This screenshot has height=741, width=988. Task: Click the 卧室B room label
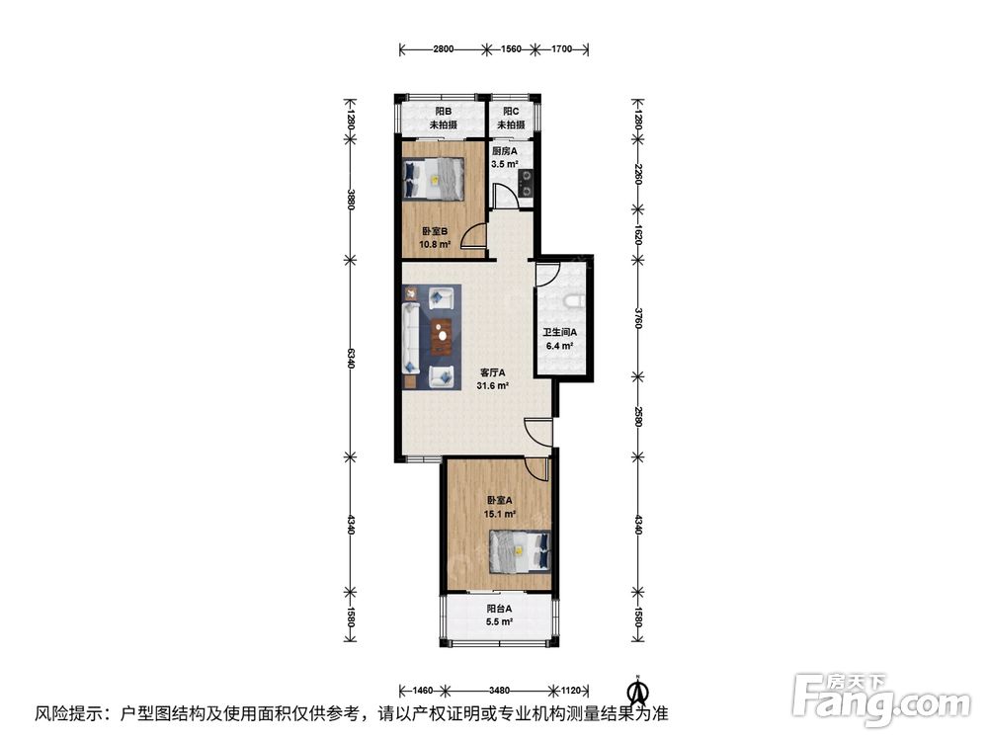(x=435, y=231)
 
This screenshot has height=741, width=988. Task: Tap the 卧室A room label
(x=499, y=500)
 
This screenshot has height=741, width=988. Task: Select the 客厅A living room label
(x=493, y=372)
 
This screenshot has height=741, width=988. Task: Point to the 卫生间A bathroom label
(x=559, y=332)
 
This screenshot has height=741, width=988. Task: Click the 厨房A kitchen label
(x=504, y=151)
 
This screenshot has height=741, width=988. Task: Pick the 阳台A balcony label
(x=499, y=609)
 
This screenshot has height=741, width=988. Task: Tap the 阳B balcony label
(x=443, y=111)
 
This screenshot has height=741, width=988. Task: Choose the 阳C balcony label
(x=511, y=111)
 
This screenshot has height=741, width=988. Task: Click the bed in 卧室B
(x=434, y=178)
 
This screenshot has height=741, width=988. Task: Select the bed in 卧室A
(x=521, y=550)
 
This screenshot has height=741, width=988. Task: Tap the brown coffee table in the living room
(x=442, y=334)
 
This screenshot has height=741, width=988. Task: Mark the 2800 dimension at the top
(x=443, y=49)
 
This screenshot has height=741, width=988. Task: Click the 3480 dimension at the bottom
(x=499, y=690)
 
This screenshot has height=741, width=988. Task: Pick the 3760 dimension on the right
(x=637, y=319)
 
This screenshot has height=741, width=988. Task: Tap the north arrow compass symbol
(x=639, y=690)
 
